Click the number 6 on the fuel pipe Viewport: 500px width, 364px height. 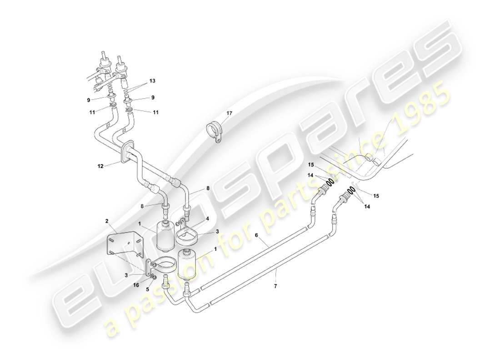point(256,235)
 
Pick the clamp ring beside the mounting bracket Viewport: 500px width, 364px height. point(162,266)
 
